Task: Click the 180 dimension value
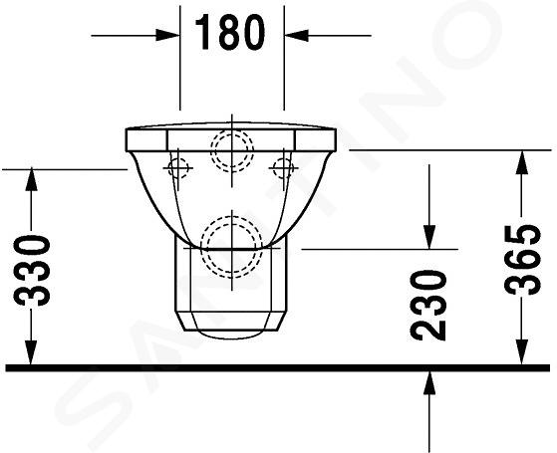pos(230,33)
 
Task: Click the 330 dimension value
pos(32,271)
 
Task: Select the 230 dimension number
pos(427,306)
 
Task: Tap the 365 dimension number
pos(522,260)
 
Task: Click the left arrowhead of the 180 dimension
pos(167,36)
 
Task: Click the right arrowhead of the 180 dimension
pos(296,36)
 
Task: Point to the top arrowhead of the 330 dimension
pos(31,179)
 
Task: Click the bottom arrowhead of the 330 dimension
pos(31,352)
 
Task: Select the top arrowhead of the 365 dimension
pos(521,162)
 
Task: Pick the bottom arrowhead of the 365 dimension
pos(521,352)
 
